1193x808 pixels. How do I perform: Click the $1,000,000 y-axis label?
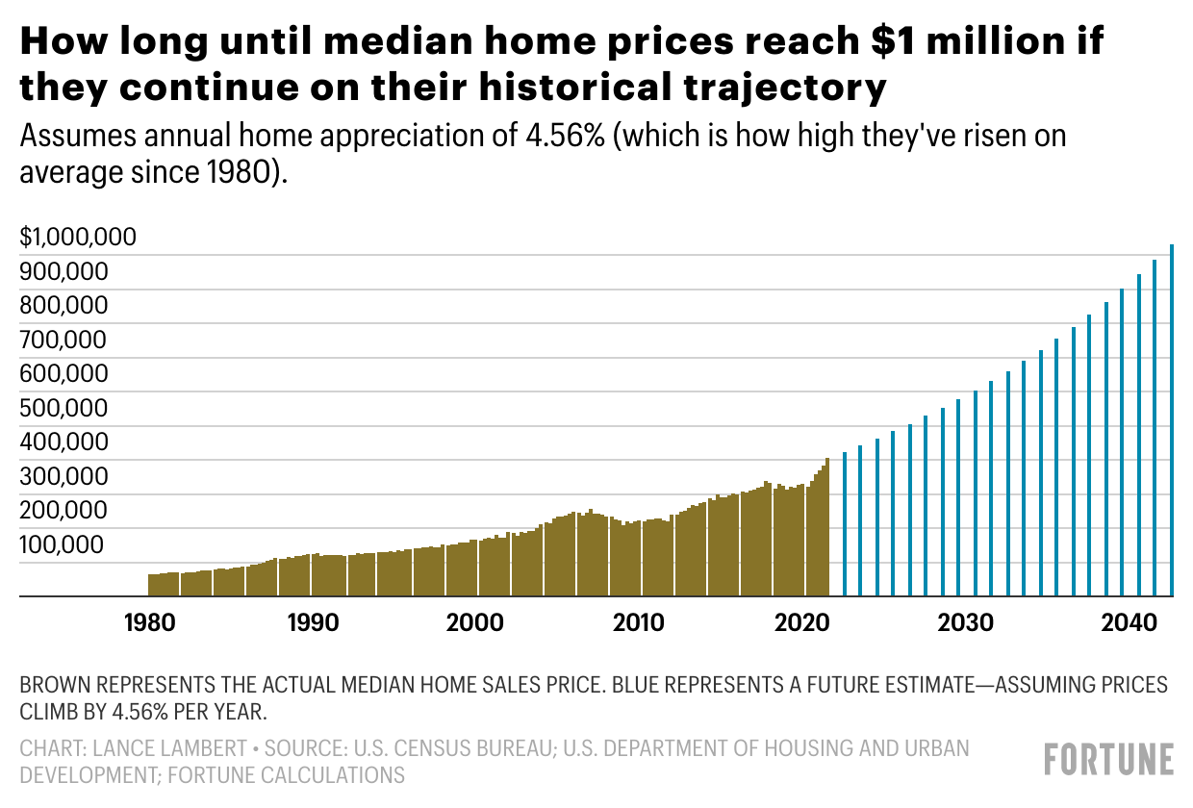78,237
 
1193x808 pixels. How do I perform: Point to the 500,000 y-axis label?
62,408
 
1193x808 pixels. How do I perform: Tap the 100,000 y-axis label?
62,544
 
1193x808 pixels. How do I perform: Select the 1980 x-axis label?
149,622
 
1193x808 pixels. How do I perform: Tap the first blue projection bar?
844,524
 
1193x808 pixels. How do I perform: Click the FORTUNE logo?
1109,759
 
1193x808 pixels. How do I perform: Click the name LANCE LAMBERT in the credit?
158,748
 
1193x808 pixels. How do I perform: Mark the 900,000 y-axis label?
62,271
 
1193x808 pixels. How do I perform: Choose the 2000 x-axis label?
476,622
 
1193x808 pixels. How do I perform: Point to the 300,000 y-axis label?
62,476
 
